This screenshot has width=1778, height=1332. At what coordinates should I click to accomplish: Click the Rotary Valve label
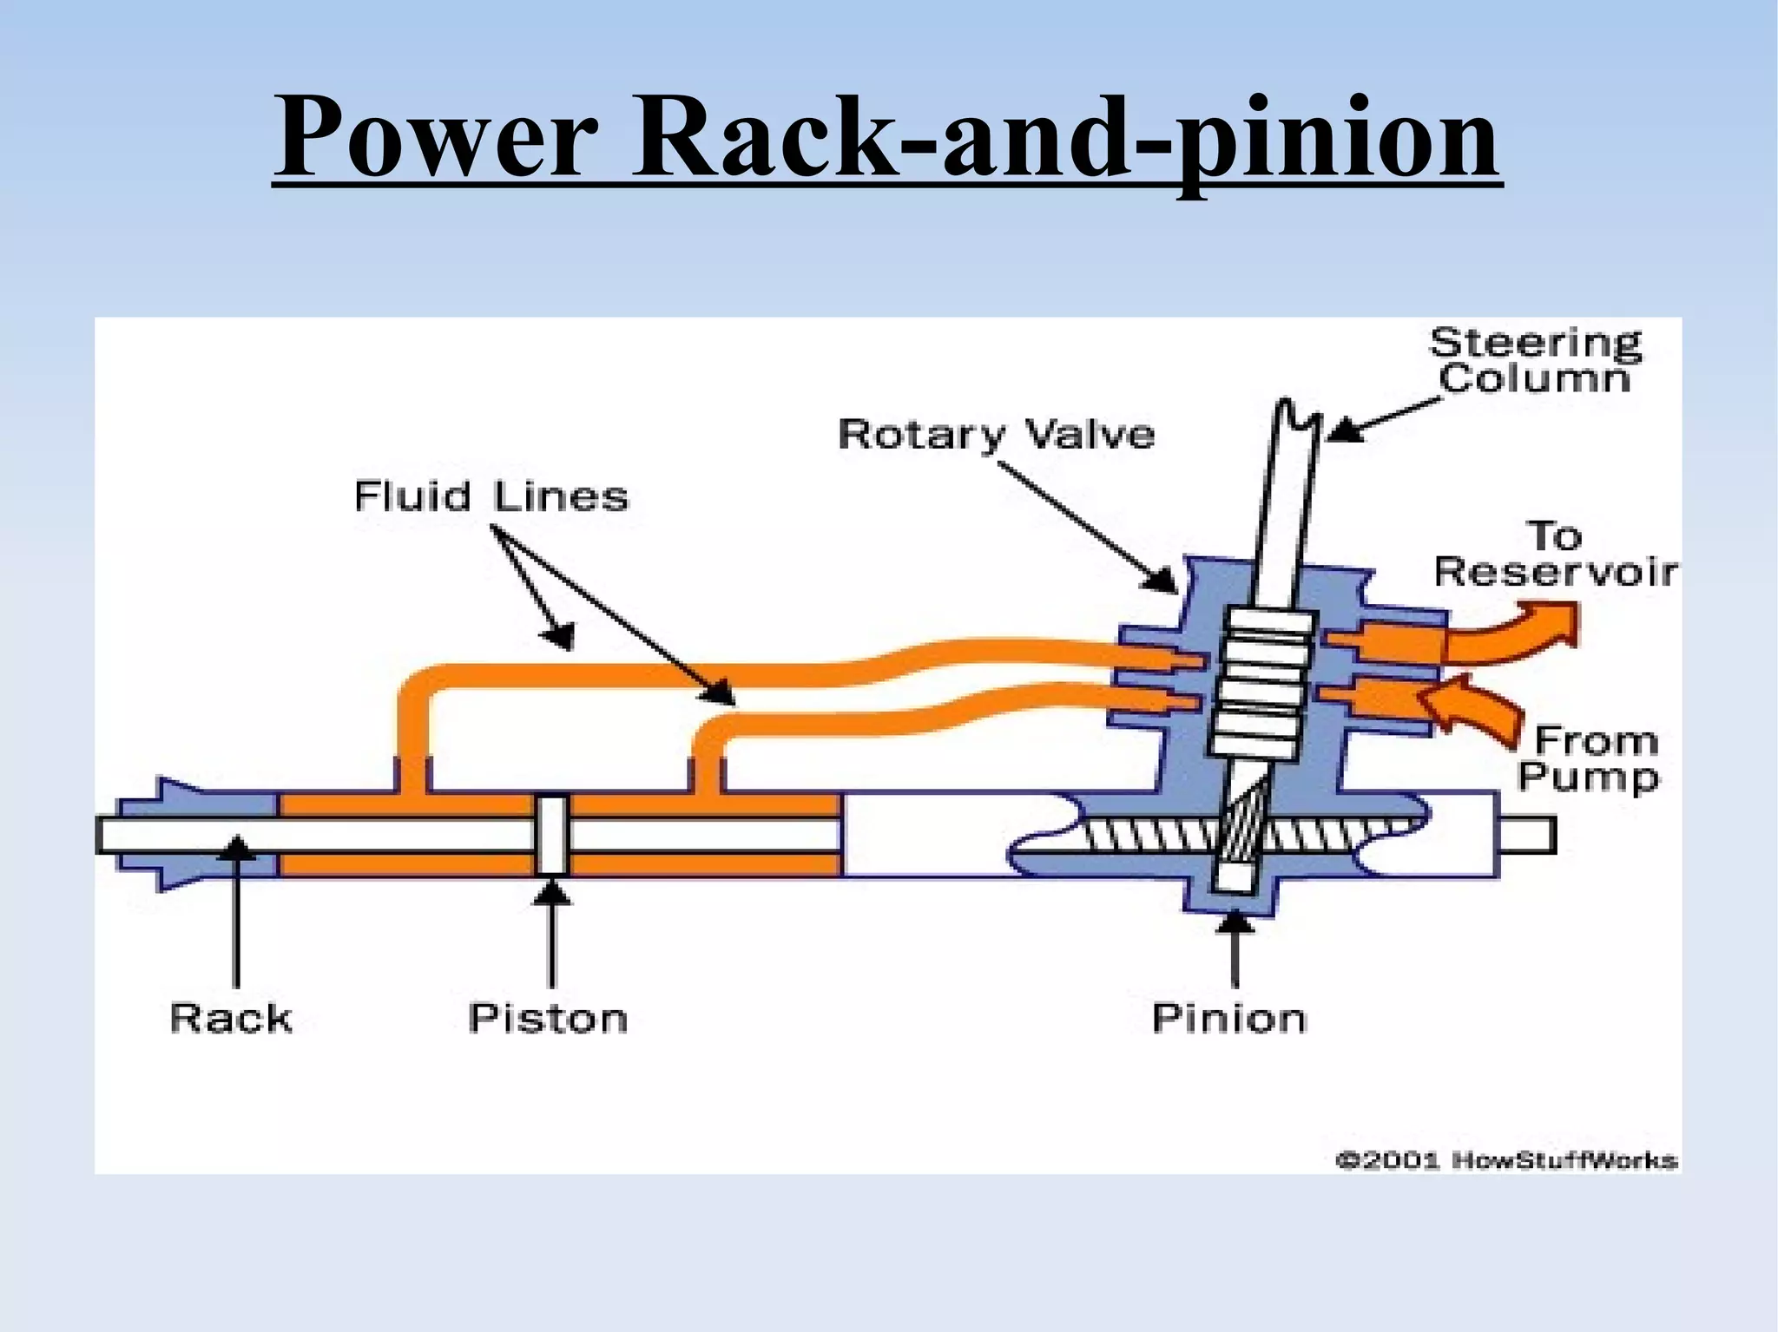(x=996, y=433)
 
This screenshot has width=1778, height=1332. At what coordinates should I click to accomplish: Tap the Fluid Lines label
(x=491, y=496)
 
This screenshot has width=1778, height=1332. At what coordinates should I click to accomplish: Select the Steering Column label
(x=1534, y=361)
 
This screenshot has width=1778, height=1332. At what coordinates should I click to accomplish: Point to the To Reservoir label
(x=1554, y=555)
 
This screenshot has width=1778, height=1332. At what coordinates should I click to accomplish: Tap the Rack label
(x=231, y=1018)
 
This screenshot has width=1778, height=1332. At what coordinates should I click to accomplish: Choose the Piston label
(x=547, y=1018)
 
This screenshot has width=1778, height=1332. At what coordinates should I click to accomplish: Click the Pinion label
(x=1228, y=1018)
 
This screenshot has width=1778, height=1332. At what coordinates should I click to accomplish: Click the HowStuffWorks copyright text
(x=1505, y=1160)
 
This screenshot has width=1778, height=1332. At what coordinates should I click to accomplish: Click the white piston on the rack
(x=552, y=835)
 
